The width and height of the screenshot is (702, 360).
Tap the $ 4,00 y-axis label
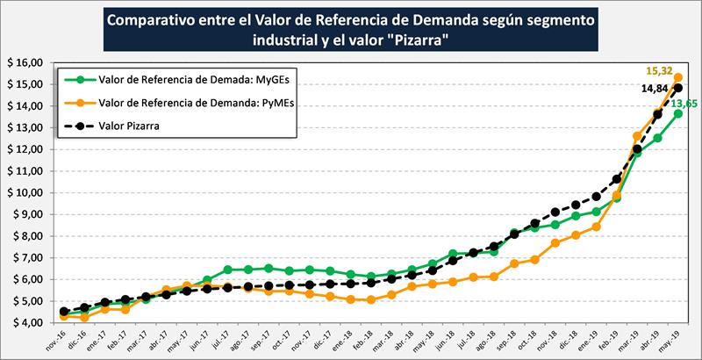(x=26, y=323)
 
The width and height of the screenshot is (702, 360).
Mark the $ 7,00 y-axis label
(x=26, y=258)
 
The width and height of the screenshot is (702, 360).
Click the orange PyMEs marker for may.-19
(x=678, y=77)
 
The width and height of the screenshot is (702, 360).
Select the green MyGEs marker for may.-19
(x=678, y=113)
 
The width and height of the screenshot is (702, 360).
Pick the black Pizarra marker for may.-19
(x=678, y=88)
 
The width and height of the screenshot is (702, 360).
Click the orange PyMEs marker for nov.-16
(x=63, y=316)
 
